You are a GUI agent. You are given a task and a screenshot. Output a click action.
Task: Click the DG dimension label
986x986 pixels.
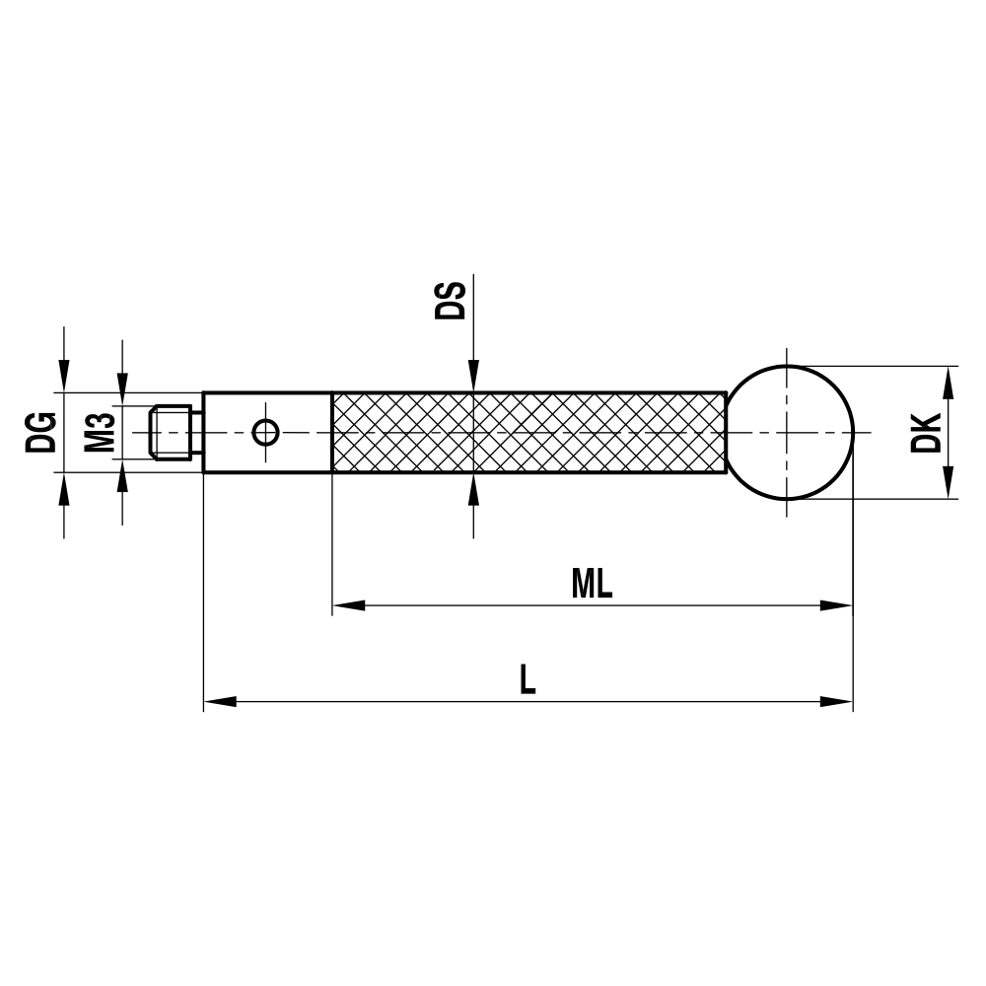point(41,432)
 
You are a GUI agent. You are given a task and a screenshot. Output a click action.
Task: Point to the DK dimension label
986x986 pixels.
point(926,432)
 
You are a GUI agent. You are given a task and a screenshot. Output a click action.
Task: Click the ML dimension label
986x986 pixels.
point(592,585)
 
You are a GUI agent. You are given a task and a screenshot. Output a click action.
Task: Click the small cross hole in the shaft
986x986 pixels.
point(266,432)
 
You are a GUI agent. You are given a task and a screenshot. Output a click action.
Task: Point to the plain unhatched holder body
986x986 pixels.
point(296,454)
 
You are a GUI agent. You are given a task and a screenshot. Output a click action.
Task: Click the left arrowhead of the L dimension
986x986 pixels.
point(219,702)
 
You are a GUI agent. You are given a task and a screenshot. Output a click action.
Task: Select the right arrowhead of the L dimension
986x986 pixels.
point(837,702)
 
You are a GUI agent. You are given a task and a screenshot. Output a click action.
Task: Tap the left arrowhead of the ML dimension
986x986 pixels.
point(348,605)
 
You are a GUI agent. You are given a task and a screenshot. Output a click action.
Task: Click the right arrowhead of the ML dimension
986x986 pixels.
point(837,605)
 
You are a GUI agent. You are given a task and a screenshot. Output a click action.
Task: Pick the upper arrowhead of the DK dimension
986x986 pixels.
point(950,381)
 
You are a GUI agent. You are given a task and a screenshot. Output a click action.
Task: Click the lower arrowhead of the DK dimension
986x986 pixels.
point(950,484)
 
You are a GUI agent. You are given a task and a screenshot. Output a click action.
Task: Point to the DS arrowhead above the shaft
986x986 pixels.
point(473,378)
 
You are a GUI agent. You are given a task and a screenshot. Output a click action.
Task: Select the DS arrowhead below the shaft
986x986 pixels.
point(473,489)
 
